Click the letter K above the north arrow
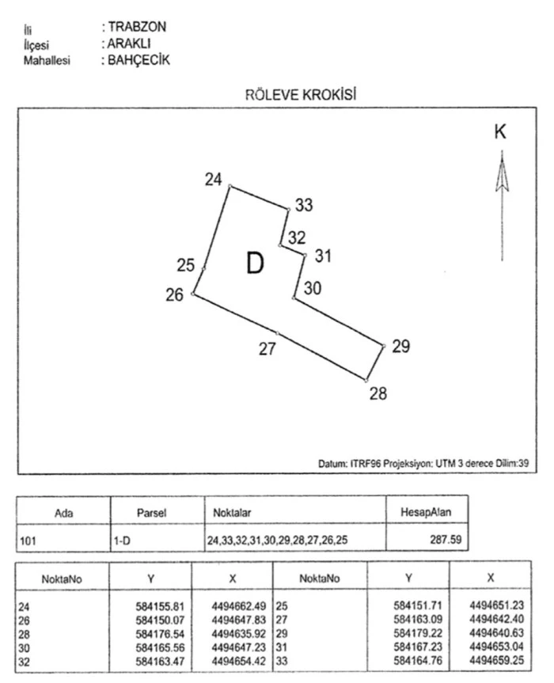(x=500, y=132)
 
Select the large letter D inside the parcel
(x=254, y=264)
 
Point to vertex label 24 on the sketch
(x=213, y=180)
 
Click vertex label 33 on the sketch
(x=304, y=206)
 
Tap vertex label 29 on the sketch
(x=401, y=346)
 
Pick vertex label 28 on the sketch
(x=378, y=393)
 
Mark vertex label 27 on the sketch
(x=268, y=349)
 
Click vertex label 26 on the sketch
(x=175, y=295)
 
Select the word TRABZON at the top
(x=137, y=27)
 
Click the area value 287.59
(x=445, y=541)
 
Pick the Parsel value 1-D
(x=122, y=542)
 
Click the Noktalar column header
(x=232, y=512)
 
